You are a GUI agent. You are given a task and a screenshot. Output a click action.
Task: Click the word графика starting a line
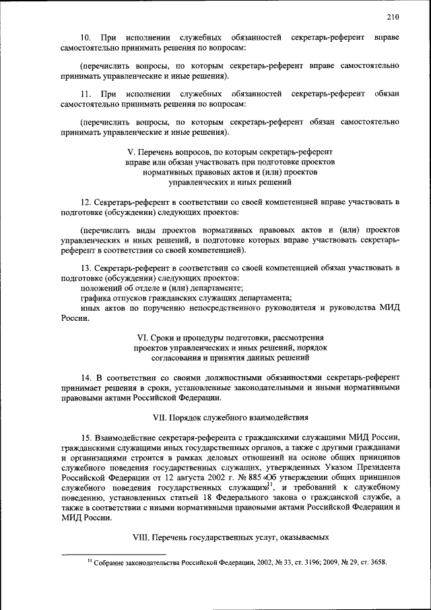(95, 298)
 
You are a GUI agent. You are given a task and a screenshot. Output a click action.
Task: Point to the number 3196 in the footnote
(300, 563)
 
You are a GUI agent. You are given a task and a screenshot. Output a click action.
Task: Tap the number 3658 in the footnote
(376, 563)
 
